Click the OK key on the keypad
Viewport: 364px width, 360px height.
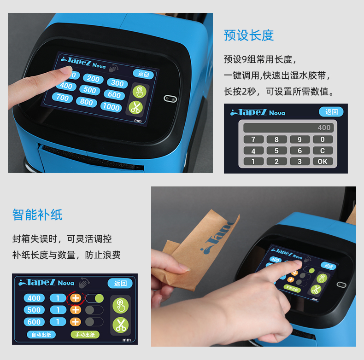coord(323,162)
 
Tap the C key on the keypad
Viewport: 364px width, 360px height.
coord(323,151)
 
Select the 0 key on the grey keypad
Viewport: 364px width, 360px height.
coord(323,139)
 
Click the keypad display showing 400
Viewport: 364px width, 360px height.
coord(288,128)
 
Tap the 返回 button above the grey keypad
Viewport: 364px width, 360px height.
coord(331,112)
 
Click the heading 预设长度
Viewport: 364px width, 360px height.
coord(249,35)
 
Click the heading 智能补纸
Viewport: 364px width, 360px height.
coord(37,215)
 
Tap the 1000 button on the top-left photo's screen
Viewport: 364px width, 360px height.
coord(112,107)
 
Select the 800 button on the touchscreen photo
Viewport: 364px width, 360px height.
coord(87,102)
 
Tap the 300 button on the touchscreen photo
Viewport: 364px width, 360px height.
coord(117,83)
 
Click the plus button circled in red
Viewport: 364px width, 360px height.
coord(76,298)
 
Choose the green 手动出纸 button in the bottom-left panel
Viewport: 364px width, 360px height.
coord(85,335)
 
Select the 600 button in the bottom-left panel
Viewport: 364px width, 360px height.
coord(34,322)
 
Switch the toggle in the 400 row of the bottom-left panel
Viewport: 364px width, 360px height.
coord(94,298)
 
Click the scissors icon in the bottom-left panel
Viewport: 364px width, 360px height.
coord(121,325)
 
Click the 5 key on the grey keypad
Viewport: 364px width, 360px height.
coord(276,151)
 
